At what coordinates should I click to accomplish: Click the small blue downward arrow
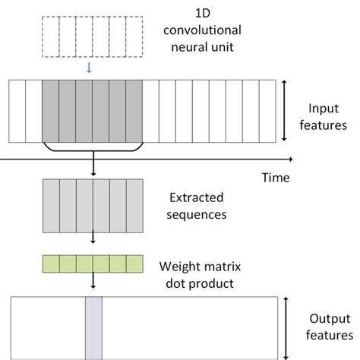coord(89,68)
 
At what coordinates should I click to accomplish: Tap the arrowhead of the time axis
coord(291,159)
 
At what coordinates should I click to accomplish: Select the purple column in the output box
coord(93,328)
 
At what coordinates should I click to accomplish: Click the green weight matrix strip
coord(93,264)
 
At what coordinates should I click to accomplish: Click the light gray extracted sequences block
coord(93,205)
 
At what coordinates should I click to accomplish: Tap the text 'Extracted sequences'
coord(195,205)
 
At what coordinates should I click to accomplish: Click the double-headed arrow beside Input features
coord(284,111)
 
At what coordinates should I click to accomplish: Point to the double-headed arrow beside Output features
coord(286,328)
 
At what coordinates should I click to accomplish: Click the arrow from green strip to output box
coord(93,282)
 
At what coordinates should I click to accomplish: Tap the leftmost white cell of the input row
coord(17,111)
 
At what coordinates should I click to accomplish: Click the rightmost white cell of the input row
coord(267,111)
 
